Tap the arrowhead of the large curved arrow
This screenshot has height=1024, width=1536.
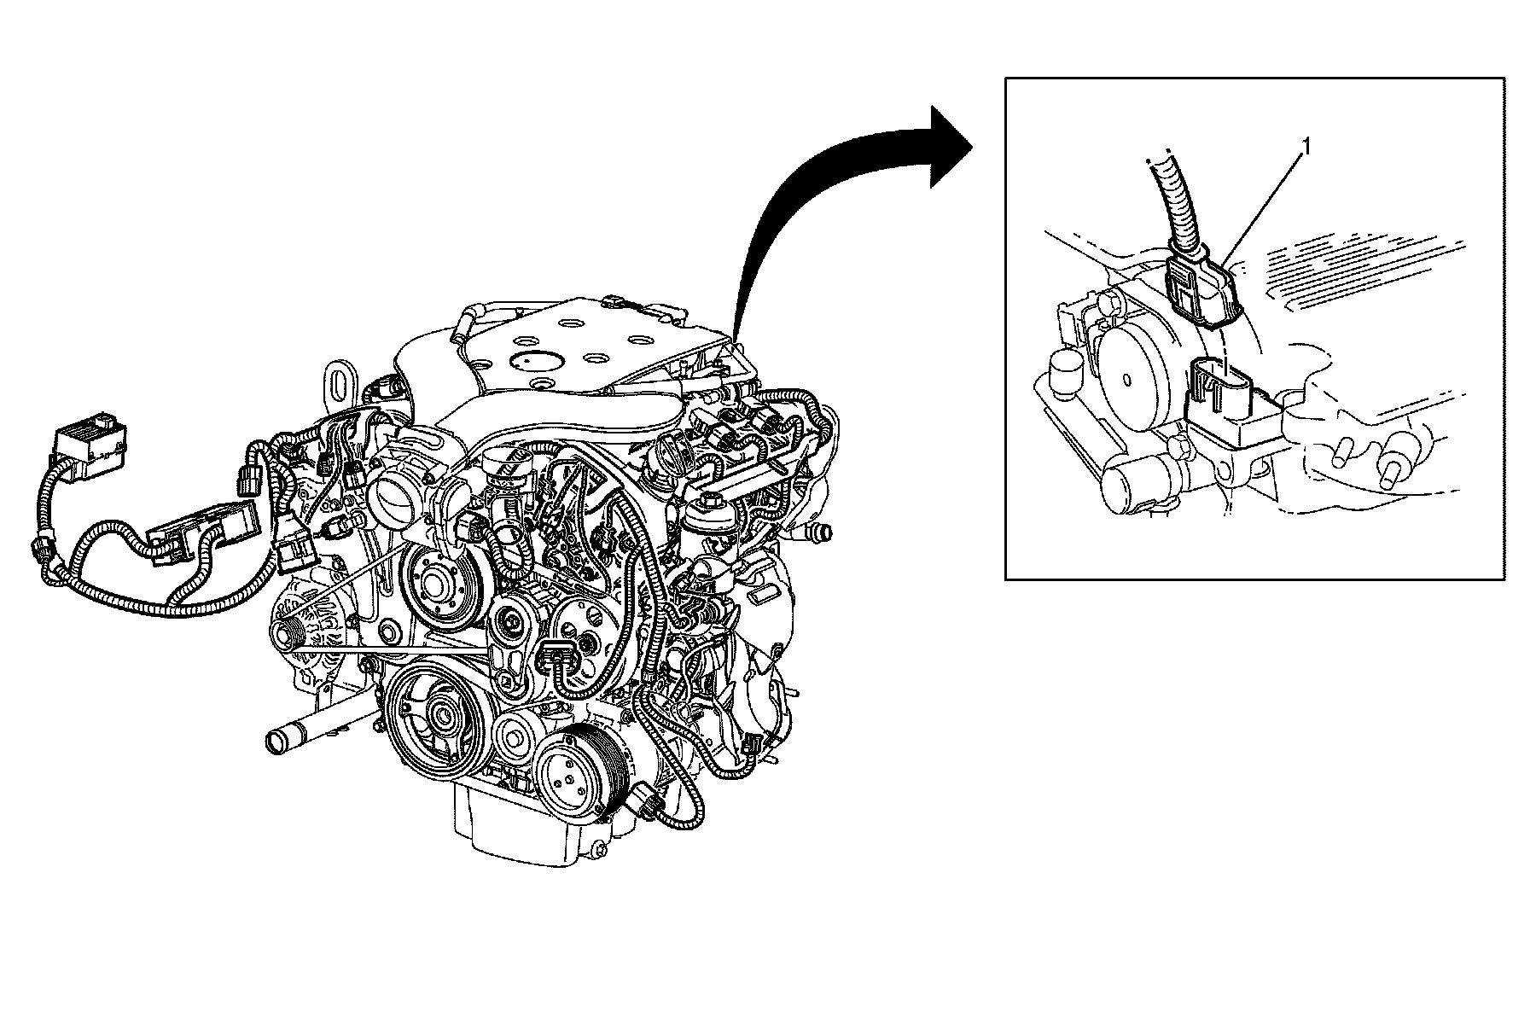pyautogui.click(x=945, y=146)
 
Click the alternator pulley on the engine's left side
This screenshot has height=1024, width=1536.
pyautogui.click(x=291, y=632)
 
